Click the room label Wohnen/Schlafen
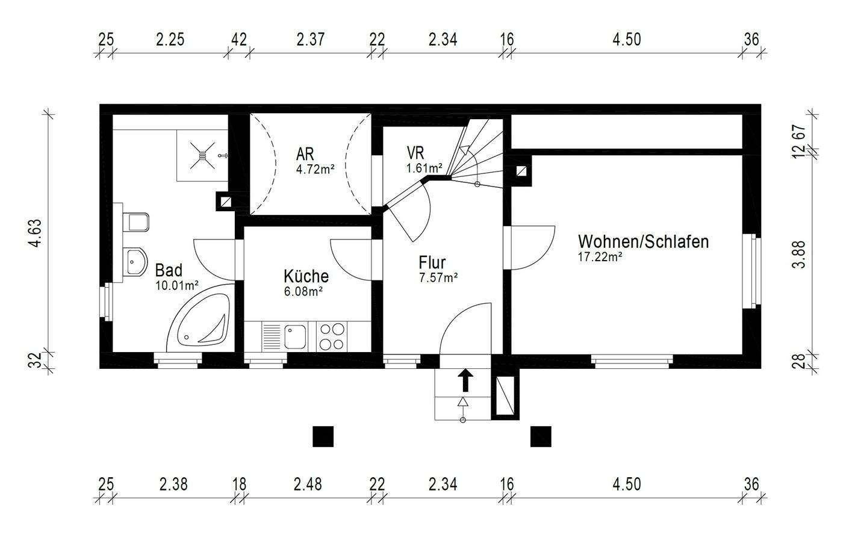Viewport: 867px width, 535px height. [x=642, y=242]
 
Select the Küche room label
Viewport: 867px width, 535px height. [x=306, y=276]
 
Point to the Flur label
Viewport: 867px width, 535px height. [x=432, y=262]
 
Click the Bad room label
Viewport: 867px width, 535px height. [x=169, y=270]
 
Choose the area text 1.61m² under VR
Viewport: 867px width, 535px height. [x=424, y=168]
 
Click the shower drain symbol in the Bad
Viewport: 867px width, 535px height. [x=202, y=155]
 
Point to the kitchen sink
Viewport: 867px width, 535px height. [x=295, y=336]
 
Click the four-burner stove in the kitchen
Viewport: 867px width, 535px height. [x=332, y=336]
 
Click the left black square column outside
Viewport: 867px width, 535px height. [x=323, y=436]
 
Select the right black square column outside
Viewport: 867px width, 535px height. [x=540, y=436]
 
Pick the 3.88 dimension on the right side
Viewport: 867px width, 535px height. [x=798, y=256]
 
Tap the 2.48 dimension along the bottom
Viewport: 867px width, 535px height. [x=308, y=484]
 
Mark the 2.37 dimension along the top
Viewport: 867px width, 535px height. [x=310, y=40]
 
